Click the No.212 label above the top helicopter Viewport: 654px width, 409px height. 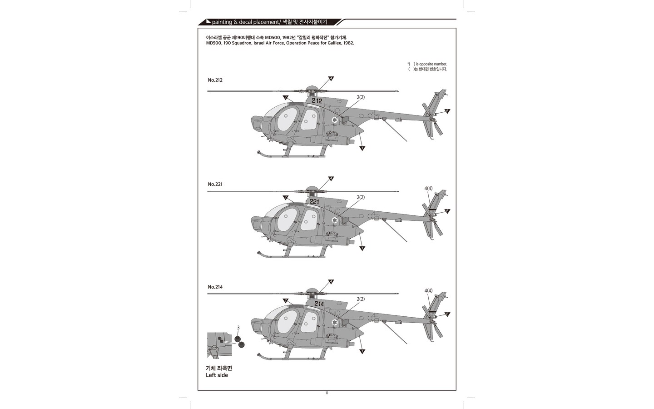(215, 80)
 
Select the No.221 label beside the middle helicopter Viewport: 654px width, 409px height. (215, 184)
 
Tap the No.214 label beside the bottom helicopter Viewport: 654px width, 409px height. (215, 287)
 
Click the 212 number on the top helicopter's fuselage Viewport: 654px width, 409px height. (317, 101)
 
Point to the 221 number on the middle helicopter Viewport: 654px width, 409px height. (314, 202)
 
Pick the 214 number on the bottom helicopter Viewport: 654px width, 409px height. (319, 304)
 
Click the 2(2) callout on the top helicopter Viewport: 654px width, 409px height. (361, 97)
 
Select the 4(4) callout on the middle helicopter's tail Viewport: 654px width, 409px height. (428, 189)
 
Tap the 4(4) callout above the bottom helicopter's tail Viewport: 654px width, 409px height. (428, 291)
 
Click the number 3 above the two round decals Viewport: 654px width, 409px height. (238, 328)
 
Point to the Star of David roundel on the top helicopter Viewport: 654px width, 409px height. (335, 120)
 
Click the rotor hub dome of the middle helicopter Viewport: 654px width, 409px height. (312, 188)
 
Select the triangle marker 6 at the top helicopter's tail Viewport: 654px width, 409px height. (447, 111)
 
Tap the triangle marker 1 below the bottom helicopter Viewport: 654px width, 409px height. (362, 351)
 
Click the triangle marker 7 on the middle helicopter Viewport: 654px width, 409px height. (286, 198)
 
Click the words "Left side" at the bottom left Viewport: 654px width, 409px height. (217, 375)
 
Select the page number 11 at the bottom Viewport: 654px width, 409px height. (327, 393)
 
